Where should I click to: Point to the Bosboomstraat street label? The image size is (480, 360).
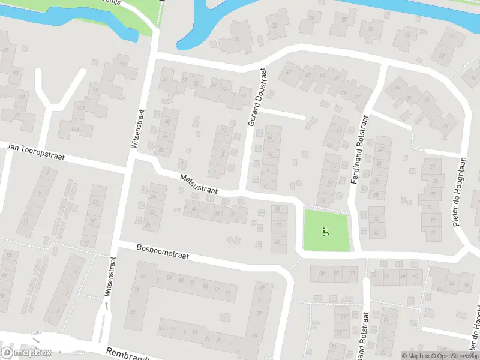(163, 251)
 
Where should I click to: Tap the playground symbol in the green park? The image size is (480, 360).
(325, 230)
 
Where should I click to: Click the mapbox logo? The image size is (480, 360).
(26, 353)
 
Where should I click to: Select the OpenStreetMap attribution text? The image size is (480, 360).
(453, 356)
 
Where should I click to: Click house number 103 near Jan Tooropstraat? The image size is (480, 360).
(74, 128)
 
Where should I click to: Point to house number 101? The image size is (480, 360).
(81, 109)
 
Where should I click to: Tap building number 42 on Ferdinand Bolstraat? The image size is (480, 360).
(380, 148)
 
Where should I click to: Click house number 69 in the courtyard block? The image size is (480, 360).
(260, 286)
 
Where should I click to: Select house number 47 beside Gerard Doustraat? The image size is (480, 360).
(288, 73)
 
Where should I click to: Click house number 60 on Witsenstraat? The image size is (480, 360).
(161, 150)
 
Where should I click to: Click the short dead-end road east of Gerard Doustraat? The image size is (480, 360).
(282, 113)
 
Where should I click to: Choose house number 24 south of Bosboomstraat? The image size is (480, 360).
(143, 276)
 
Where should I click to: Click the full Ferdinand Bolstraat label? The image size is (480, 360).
(362, 150)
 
